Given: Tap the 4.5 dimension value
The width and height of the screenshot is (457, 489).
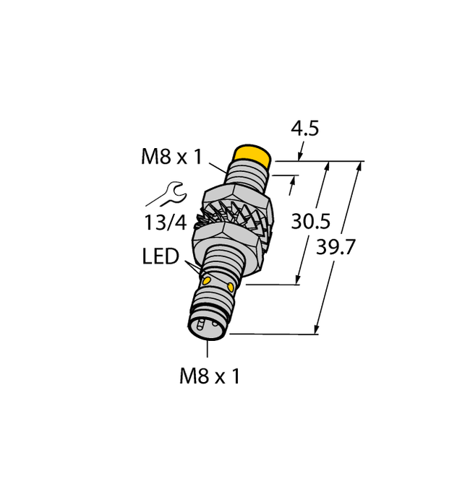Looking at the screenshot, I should click(x=303, y=129).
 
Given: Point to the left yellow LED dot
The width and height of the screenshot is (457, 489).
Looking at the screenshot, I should click(x=207, y=279).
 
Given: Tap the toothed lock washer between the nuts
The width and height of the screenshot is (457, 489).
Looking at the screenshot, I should click(x=231, y=217).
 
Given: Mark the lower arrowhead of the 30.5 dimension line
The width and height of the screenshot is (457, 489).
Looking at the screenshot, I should click(x=298, y=280).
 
